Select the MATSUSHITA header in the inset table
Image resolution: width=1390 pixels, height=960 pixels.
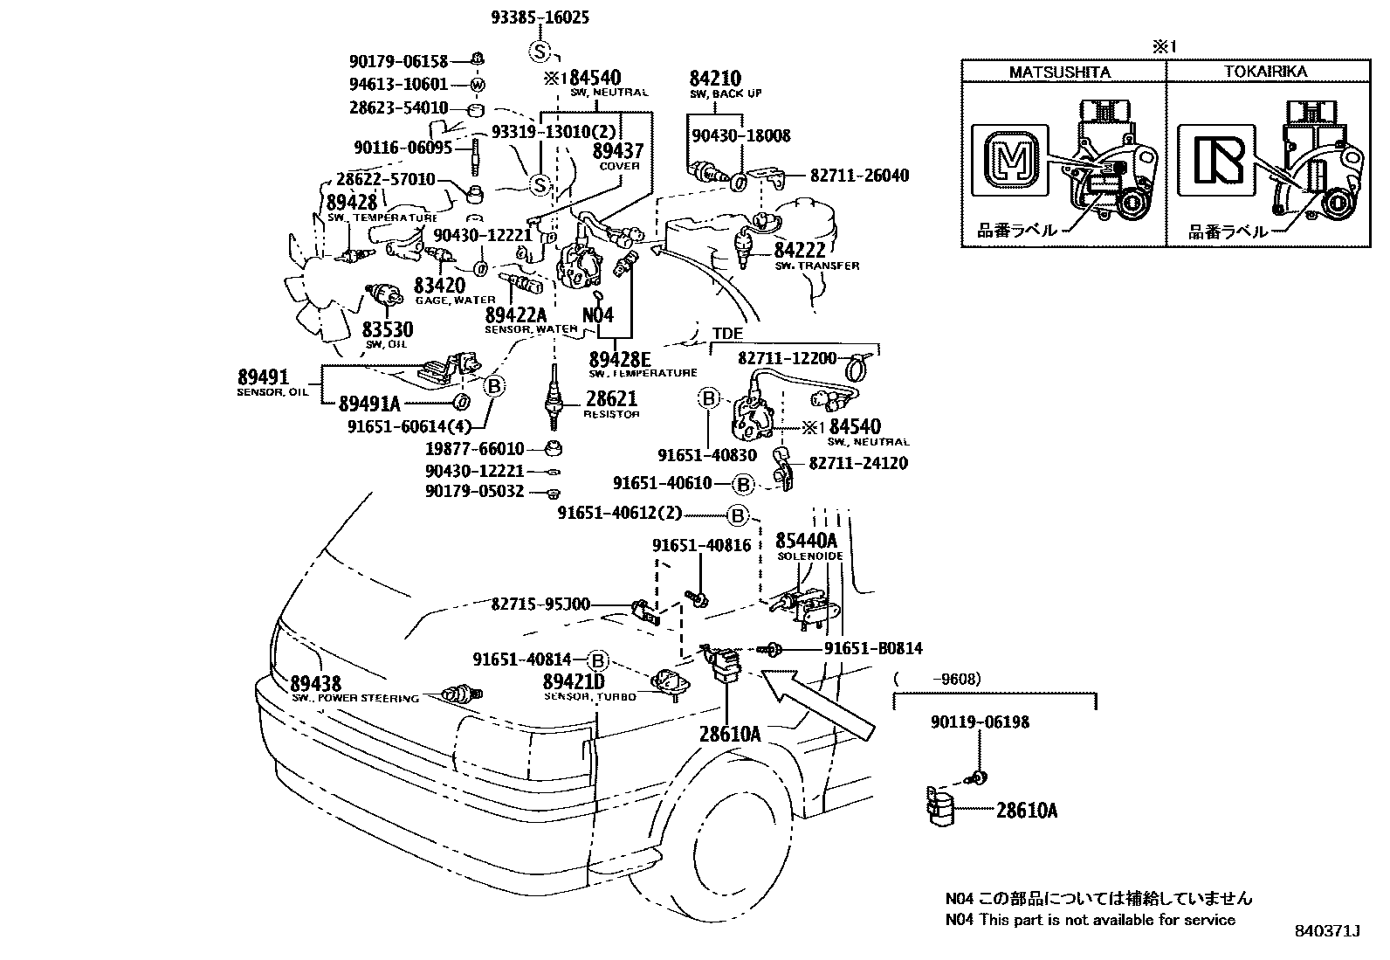[1062, 72]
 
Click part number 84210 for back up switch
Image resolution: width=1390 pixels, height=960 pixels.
[714, 79]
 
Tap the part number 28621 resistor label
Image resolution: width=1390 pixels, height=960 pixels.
[611, 398]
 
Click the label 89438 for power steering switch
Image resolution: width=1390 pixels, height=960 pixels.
[315, 684]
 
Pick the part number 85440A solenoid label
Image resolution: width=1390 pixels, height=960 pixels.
[807, 541]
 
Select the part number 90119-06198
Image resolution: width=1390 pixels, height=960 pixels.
[980, 722]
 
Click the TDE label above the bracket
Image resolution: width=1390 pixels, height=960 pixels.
[727, 334]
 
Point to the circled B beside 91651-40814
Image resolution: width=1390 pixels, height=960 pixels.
[598, 660]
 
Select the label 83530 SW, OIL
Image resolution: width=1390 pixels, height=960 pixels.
[388, 330]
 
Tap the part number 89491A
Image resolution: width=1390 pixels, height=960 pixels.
[368, 403]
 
